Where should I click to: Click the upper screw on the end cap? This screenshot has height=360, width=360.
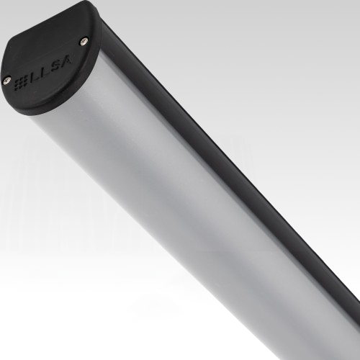point(84,42)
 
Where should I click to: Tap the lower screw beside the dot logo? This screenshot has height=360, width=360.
point(6,81)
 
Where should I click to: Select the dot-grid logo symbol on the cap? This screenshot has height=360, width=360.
point(22,84)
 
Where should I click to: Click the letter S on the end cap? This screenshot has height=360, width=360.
point(55,66)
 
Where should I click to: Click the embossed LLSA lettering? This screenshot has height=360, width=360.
point(50,69)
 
